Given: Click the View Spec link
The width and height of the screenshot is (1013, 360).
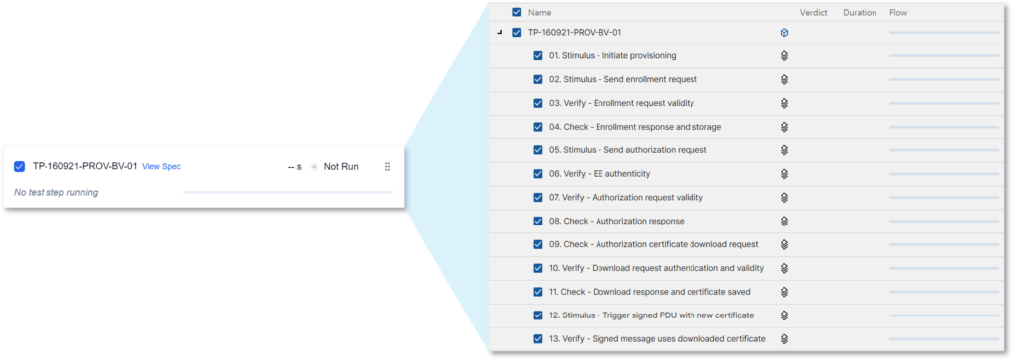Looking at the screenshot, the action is [x=161, y=167].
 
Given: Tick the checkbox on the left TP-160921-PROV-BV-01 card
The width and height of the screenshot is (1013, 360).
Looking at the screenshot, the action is [x=20, y=167].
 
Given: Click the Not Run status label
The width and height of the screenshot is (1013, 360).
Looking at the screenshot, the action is [x=341, y=167].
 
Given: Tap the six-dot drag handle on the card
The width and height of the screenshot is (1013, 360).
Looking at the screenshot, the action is [x=387, y=167].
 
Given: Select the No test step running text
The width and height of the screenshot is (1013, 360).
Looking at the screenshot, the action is [x=55, y=192].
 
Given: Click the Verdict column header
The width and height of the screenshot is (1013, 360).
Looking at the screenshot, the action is [x=814, y=12].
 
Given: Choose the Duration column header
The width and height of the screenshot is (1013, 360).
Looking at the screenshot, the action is [x=860, y=12].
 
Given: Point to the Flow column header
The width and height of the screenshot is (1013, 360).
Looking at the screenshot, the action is [x=898, y=12].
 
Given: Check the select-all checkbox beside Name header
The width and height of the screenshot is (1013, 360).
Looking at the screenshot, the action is [x=516, y=12].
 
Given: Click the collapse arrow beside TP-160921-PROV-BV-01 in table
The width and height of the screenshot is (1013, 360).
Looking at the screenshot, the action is [x=499, y=33].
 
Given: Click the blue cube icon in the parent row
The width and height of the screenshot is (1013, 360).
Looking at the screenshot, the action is [x=784, y=33].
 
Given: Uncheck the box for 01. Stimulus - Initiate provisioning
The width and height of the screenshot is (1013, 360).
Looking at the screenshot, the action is [x=538, y=56].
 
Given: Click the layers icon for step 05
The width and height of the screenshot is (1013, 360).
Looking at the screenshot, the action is [x=784, y=150].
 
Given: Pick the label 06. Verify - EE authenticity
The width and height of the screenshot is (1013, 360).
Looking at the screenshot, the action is [x=599, y=174].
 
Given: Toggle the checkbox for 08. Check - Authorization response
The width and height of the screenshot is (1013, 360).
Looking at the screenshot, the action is [x=538, y=221].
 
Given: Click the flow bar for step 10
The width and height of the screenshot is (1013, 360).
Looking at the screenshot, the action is [x=944, y=268].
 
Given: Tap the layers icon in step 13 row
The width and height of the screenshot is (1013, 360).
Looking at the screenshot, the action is [x=784, y=338].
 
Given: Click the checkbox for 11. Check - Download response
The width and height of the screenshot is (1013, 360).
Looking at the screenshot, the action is [x=538, y=292].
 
